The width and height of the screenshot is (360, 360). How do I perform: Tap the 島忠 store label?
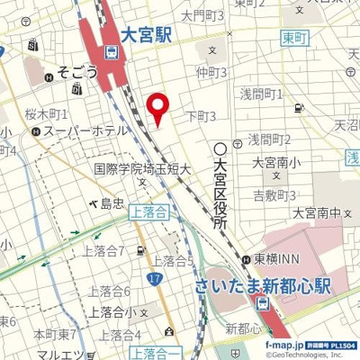coord(112,203)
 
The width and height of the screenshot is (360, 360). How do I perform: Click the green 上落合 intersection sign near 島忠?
coord(148,212)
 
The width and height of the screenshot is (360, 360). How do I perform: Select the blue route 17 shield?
coord(155,279)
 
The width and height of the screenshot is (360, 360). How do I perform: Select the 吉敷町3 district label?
coord(274,195)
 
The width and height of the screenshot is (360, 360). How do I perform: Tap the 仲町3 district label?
coord(211,72)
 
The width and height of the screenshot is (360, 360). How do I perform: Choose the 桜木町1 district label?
coord(47,114)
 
